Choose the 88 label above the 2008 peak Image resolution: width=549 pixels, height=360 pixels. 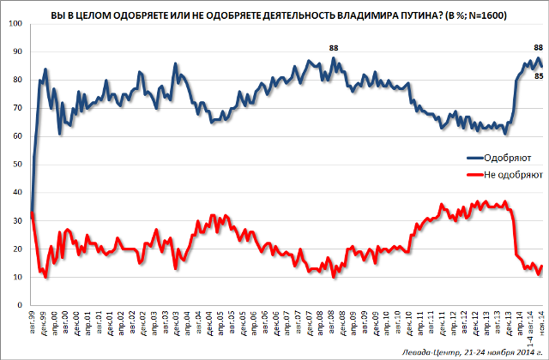[334, 48]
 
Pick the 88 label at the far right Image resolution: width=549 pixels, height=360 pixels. [538, 48]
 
